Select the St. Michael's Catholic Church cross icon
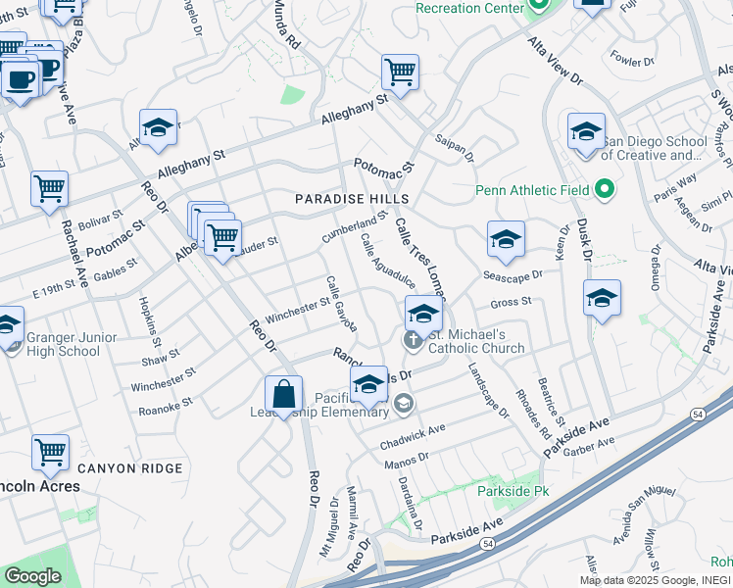412,340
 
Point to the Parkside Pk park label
509,489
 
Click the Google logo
32,576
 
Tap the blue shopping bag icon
283,395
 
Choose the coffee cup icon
20,78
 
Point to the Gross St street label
510,303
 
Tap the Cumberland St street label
354,227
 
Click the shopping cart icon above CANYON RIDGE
49,452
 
